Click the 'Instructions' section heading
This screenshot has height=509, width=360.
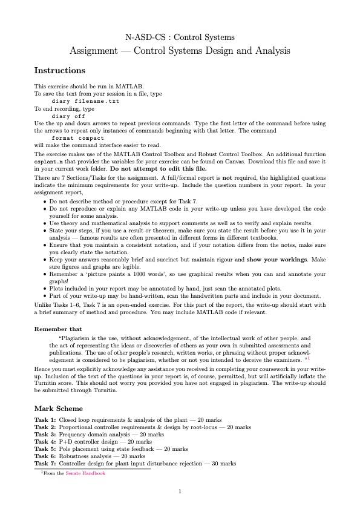pyautogui.click(x=60, y=71)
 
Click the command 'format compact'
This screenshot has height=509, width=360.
pyautogui.click(x=78, y=138)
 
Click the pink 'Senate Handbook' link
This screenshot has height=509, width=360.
pyautogui.click(x=85, y=473)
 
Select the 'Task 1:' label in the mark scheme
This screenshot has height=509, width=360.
pyautogui.click(x=45, y=419)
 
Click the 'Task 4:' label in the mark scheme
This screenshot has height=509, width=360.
pyautogui.click(x=45, y=442)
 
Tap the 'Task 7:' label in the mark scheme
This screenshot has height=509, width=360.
pyautogui.click(x=45, y=464)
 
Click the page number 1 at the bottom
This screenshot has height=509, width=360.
pyautogui.click(x=180, y=491)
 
